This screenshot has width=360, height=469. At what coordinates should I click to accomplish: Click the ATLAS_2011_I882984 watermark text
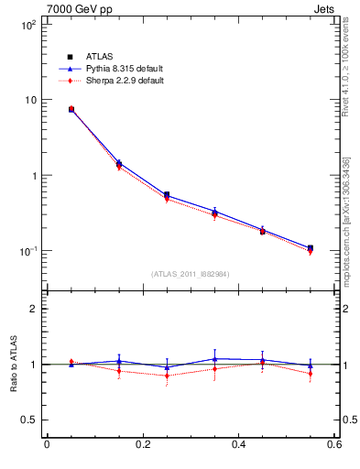click(190, 273)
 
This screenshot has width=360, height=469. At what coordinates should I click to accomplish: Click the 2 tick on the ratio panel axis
click(33, 310)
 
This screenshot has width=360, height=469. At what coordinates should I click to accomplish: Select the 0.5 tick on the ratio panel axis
click(27, 420)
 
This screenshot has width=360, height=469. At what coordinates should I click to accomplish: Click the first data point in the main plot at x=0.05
click(71, 109)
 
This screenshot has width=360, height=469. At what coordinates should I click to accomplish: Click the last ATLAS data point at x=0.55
click(311, 248)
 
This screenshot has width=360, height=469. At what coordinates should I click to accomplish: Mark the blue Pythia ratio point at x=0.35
click(214, 359)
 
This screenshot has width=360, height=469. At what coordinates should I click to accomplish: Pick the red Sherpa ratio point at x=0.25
click(167, 375)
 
